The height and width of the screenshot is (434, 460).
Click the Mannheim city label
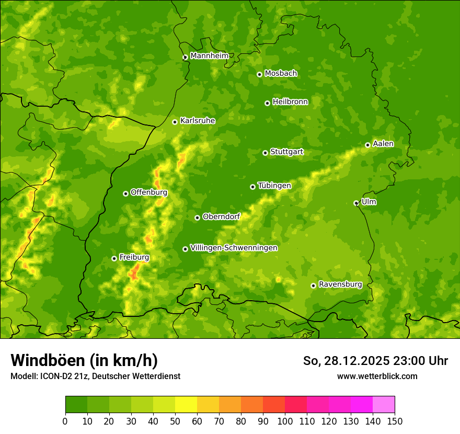(x=209, y=56)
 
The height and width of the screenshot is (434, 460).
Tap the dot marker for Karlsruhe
(x=175, y=122)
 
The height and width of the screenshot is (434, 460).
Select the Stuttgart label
(x=286, y=152)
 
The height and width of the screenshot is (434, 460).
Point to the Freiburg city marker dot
(x=114, y=258)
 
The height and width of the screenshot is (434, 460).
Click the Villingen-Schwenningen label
(x=234, y=248)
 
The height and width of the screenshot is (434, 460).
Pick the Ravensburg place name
(x=340, y=284)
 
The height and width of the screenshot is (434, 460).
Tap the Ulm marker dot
(x=356, y=203)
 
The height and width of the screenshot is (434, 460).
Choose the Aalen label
(x=383, y=144)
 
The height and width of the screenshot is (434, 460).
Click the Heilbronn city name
(x=290, y=102)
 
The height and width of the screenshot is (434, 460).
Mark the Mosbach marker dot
(x=259, y=74)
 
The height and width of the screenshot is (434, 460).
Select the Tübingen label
(x=274, y=186)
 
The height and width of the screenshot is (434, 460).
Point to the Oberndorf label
(x=221, y=216)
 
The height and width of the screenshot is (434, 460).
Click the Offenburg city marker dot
(x=125, y=193)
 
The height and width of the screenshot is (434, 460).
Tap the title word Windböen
(x=47, y=360)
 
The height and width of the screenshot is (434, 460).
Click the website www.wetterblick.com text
(x=377, y=376)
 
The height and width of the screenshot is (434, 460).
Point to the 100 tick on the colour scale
(x=285, y=421)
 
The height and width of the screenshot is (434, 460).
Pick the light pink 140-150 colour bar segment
(x=384, y=404)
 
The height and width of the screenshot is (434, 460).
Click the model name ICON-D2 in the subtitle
(x=57, y=376)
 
